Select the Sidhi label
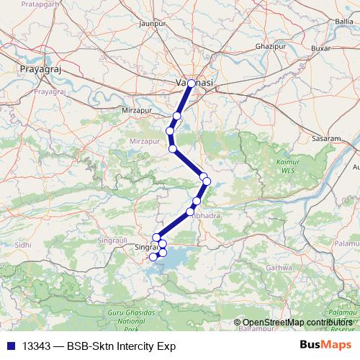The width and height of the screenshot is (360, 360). click(24, 245)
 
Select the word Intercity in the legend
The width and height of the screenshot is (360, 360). click(135, 346)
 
